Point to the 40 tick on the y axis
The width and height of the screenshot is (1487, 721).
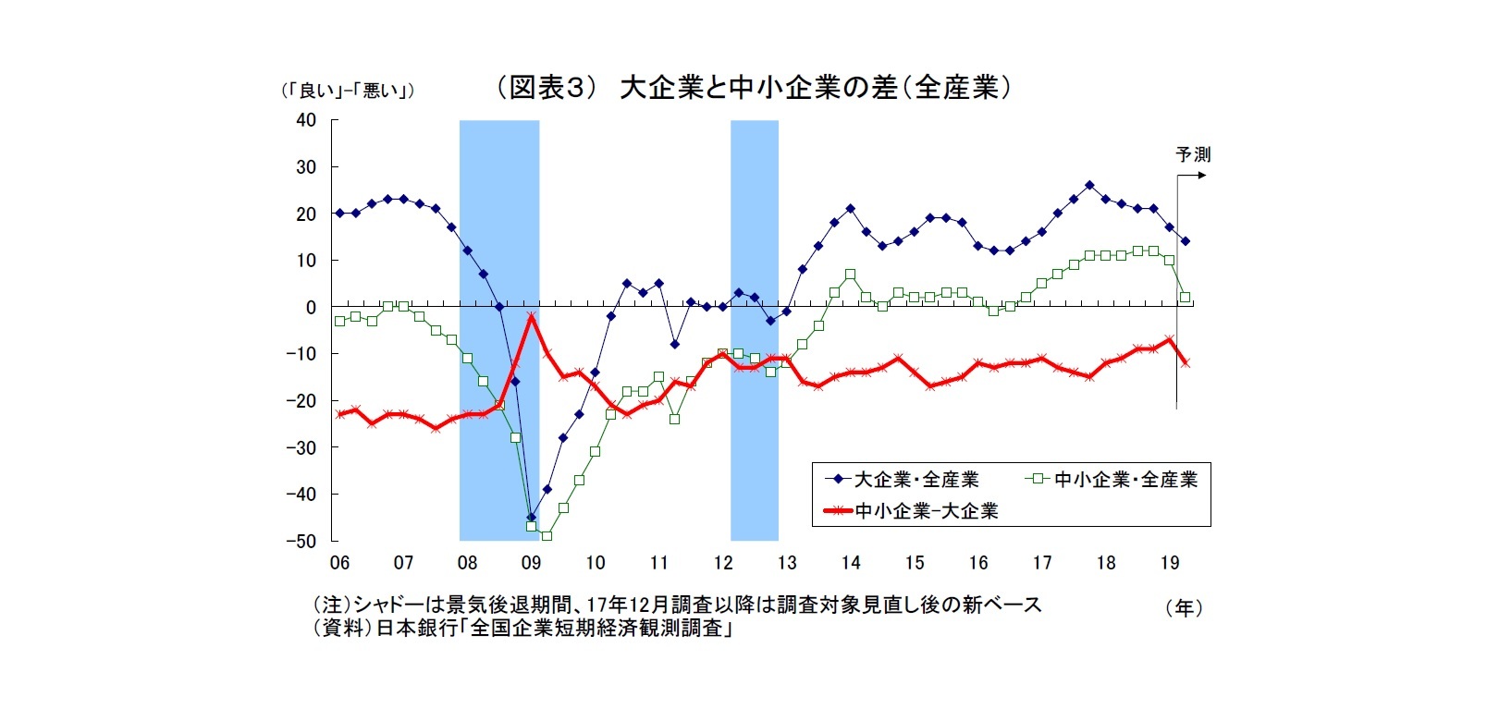click(x=306, y=120)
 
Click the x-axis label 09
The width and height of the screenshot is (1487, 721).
click(x=531, y=563)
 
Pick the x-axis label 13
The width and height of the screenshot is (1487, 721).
click(x=787, y=563)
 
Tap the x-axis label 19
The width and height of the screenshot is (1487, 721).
click(x=1170, y=563)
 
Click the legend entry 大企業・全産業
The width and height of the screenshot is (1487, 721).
click(x=916, y=480)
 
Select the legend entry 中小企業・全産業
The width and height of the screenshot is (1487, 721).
click(x=1125, y=480)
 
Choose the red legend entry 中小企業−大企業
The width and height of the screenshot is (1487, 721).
click(x=926, y=510)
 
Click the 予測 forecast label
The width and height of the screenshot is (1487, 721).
click(x=1193, y=154)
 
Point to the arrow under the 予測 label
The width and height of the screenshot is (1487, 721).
click(x=1192, y=175)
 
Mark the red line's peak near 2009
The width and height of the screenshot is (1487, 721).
click(x=531, y=316)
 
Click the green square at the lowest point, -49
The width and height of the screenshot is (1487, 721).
click(x=547, y=535)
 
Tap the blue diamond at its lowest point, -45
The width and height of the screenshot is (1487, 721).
click(x=531, y=517)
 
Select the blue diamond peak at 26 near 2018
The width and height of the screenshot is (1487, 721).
click(x=1089, y=185)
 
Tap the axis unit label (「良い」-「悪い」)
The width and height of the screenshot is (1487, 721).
click(x=348, y=91)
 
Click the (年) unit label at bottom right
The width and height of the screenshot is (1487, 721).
click(x=1185, y=608)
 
